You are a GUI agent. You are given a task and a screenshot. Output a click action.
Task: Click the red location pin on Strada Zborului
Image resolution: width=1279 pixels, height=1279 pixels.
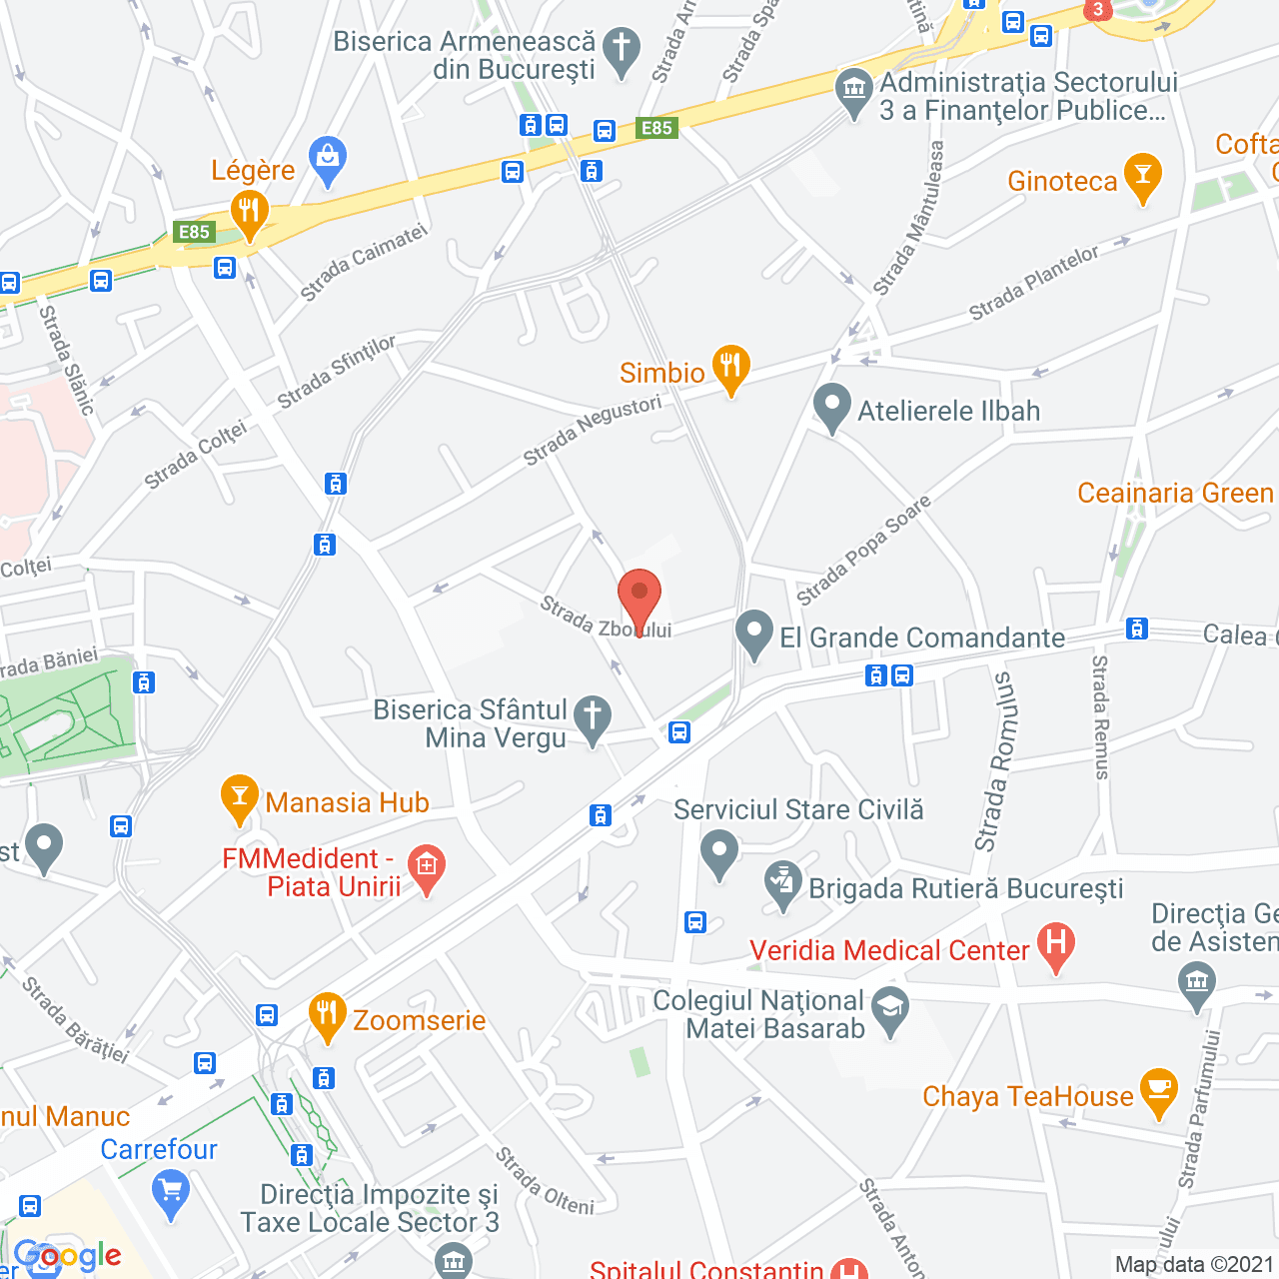[639, 598]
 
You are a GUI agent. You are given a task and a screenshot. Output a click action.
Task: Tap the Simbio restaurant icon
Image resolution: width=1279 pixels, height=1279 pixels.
[730, 368]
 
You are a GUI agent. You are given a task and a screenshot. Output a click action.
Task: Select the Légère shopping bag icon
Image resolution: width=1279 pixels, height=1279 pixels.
[328, 160]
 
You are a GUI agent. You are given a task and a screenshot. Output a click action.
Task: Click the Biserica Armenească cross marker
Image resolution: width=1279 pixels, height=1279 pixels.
[622, 50]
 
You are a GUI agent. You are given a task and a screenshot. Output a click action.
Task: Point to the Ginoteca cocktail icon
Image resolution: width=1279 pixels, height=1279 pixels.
[1142, 177]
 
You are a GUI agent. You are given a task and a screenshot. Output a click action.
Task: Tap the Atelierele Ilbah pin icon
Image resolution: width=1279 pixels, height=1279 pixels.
[831, 407]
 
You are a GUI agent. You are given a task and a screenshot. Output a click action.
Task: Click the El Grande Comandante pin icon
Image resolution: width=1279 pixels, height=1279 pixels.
[754, 634]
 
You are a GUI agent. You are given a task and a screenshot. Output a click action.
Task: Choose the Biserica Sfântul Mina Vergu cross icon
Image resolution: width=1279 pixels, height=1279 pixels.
[593, 718]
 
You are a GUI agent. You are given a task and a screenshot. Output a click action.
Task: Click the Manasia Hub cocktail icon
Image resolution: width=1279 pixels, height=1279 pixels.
[239, 798]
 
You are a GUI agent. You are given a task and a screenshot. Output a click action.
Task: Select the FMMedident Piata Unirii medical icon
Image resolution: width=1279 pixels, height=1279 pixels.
[427, 868]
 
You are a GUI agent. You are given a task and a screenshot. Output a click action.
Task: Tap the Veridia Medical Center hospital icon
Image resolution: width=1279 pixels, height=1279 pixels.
[1055, 945]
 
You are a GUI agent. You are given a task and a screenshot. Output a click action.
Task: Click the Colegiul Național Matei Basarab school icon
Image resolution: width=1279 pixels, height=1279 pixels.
[889, 1010]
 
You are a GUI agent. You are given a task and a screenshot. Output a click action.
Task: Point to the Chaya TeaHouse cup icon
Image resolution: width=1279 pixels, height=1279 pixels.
[1158, 1091]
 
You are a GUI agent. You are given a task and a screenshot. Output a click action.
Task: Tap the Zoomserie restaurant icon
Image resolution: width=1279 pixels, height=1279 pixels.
[327, 1016]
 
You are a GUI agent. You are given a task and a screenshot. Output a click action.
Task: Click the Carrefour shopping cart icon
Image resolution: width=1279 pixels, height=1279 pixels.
[171, 1193]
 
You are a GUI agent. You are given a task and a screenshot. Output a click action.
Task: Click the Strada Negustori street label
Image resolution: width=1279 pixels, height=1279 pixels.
[593, 430]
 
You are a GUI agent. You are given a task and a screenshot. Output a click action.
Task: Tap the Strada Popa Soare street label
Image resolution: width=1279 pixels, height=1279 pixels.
[863, 550]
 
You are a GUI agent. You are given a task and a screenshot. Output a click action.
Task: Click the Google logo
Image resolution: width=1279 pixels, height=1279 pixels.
[68, 1256]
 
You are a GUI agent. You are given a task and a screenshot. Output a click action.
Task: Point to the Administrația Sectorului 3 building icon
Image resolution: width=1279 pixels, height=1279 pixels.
[853, 91]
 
